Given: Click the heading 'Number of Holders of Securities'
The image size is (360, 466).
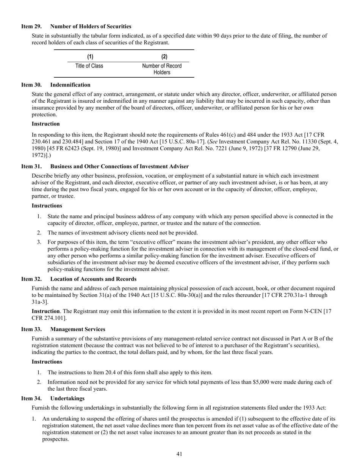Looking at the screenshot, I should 91,27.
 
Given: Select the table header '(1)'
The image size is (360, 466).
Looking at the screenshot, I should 90,57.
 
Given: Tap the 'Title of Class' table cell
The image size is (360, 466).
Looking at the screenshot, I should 89,66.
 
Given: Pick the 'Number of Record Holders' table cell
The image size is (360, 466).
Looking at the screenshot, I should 162,69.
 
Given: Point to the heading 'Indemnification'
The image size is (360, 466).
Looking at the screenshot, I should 70,85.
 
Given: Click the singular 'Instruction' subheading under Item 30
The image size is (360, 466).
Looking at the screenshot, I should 45,124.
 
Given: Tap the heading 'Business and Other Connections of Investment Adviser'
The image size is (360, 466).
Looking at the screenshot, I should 119,167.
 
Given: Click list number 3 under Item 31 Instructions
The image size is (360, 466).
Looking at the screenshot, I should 39,242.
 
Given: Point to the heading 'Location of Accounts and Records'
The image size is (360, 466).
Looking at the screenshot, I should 93,278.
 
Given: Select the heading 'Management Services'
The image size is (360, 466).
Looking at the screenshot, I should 78,329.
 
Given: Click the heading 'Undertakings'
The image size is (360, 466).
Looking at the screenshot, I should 67,399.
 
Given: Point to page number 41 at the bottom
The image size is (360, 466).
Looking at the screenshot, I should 180,454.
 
